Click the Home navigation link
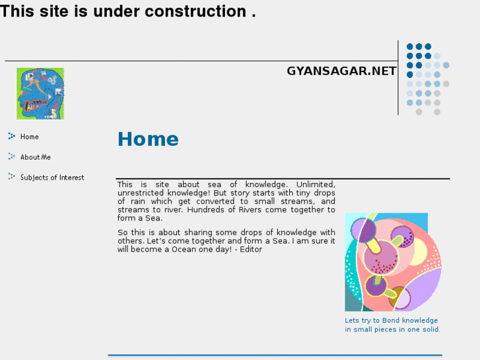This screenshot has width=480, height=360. pos(29,137)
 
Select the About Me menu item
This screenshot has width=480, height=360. pos(35,157)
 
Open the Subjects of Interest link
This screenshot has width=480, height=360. pos(52,178)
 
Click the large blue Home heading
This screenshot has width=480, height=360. pos(148,139)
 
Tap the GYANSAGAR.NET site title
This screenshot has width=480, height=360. pos(341,71)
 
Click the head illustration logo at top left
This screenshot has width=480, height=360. pos(40,93)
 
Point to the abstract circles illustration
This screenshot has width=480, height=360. pos(392,262)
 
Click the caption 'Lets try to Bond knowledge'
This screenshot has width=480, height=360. pos(391,320)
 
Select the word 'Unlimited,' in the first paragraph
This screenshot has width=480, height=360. pos(316,184)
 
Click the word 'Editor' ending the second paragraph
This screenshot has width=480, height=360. pos(250,249)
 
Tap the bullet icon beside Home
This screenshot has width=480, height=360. pos(11,136)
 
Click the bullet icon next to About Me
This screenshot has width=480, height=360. pos(11,157)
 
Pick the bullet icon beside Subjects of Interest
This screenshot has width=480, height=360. pos(11,177)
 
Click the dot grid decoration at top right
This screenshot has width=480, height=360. pos(427,79)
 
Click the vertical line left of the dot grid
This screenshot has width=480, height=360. pos(398,78)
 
